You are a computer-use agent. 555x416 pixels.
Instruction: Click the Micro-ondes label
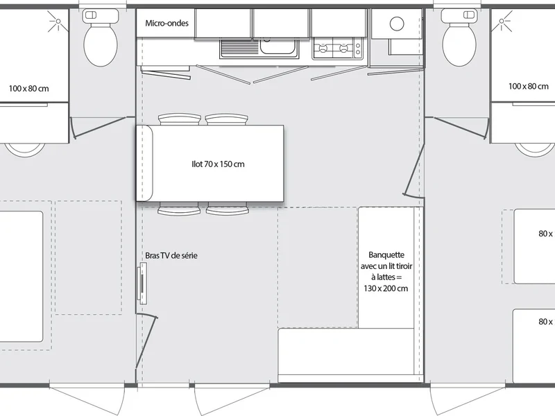(166, 24)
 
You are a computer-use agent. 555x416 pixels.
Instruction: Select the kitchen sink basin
(277, 46)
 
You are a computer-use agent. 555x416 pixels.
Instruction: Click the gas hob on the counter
(338, 49)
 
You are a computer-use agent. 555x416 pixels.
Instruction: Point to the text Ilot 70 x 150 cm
(218, 164)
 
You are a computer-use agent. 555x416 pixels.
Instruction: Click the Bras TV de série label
(171, 255)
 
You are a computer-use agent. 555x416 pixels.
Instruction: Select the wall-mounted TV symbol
(142, 284)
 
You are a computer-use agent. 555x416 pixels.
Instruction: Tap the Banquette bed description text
(386, 271)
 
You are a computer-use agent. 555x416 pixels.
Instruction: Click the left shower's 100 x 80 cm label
(28, 89)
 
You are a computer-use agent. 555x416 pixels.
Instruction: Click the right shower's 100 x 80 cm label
(529, 86)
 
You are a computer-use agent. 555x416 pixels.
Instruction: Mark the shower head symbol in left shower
(58, 21)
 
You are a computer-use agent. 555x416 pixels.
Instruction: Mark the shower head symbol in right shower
(502, 21)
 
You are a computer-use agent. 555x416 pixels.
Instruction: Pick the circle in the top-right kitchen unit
(397, 24)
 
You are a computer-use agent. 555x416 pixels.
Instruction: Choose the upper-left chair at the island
(180, 119)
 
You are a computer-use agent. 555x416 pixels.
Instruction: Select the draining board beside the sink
(239, 48)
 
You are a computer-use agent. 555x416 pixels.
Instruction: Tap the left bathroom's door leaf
(100, 128)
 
